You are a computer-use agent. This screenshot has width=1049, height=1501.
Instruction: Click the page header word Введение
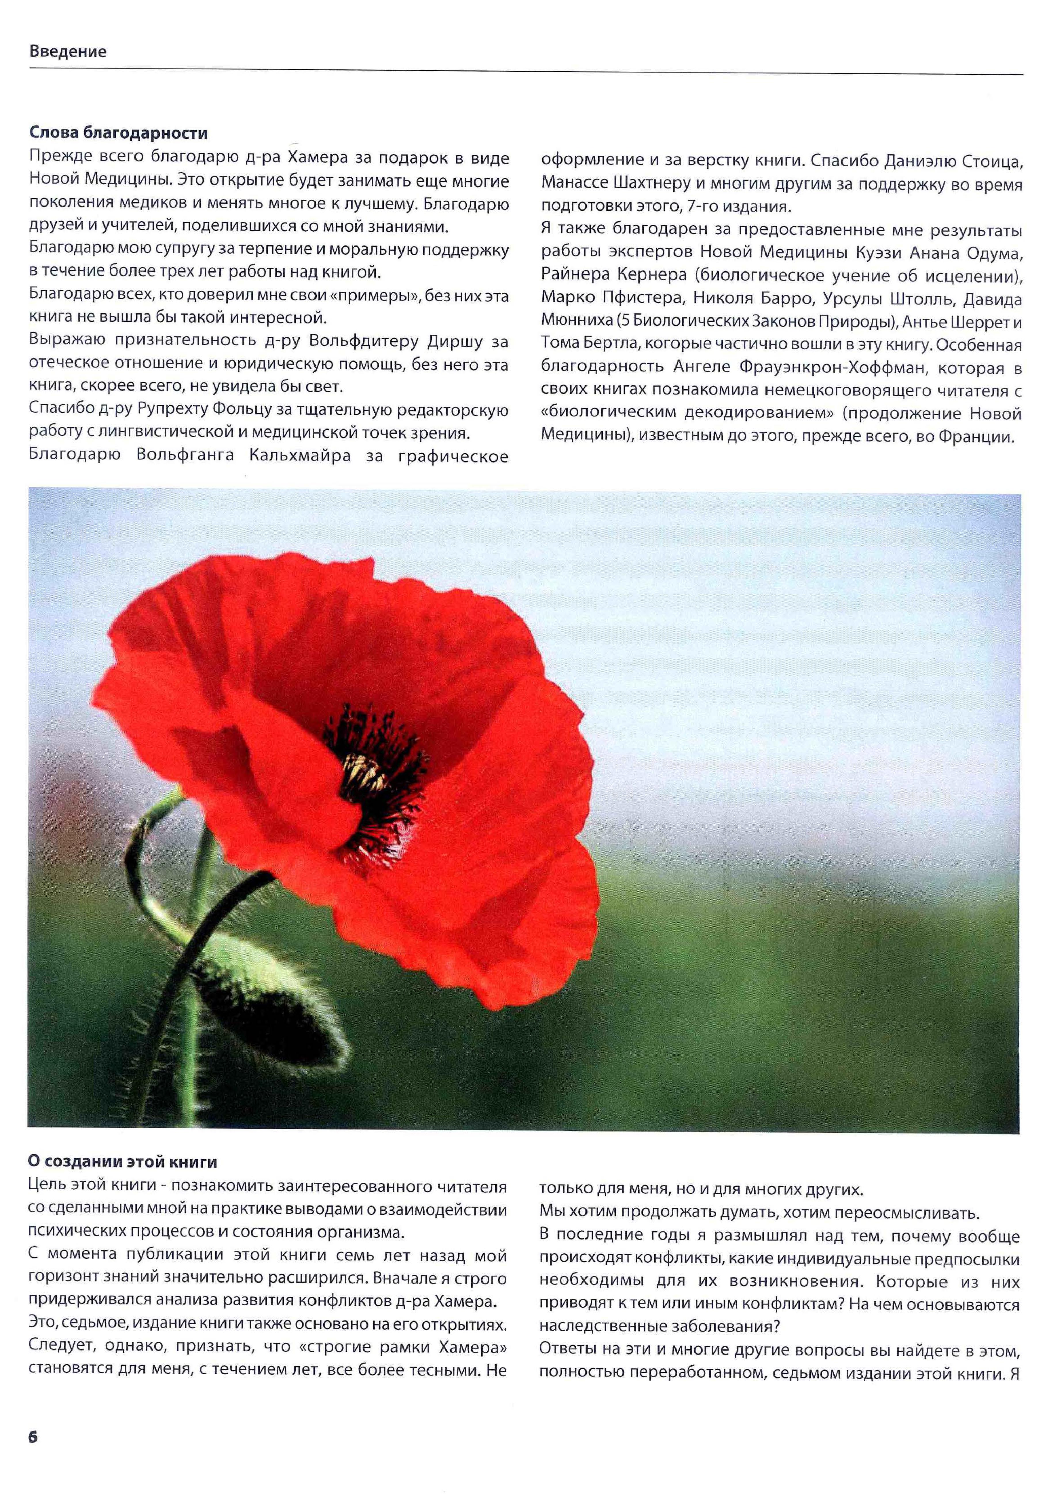click(x=67, y=52)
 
